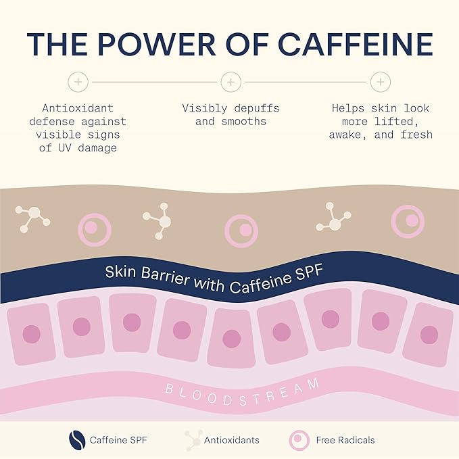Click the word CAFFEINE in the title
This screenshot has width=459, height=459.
pyautogui.click(x=356, y=44)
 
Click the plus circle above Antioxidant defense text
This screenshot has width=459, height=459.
pyautogui.click(x=78, y=82)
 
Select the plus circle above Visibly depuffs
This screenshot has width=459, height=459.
pyautogui.click(x=231, y=82)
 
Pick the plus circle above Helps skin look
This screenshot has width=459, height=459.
pyautogui.click(x=381, y=82)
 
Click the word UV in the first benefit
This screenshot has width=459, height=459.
pyautogui.click(x=65, y=148)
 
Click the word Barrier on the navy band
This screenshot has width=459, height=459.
pyautogui.click(x=166, y=275)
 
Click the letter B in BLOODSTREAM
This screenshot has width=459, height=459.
pyautogui.click(x=169, y=389)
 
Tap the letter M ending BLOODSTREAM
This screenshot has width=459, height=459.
pyautogui.click(x=313, y=384)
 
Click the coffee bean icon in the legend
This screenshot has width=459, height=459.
pyautogui.click(x=77, y=440)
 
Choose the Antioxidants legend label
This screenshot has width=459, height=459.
pyautogui.click(x=232, y=440)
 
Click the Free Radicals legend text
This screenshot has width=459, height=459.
pyautogui.click(x=345, y=440)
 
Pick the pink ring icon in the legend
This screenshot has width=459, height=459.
pyautogui.click(x=299, y=440)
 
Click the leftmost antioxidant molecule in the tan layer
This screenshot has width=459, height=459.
pyautogui.click(x=32, y=218)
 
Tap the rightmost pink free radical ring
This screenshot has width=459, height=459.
pyautogui.click(x=408, y=221)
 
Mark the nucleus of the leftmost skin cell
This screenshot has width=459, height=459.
pyautogui.click(x=31, y=334)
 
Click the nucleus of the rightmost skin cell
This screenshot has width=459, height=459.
pyautogui.click(x=429, y=335)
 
